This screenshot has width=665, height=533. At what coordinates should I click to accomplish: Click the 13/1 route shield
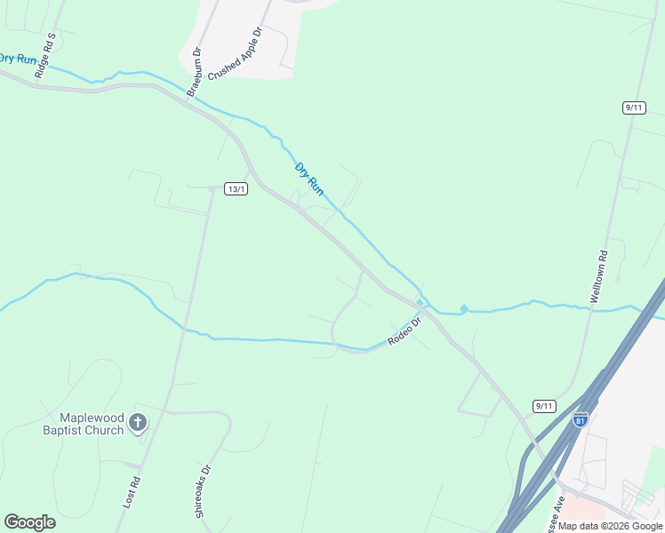click(x=236, y=188)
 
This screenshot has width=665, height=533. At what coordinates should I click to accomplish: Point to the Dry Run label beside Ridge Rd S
click(x=18, y=59)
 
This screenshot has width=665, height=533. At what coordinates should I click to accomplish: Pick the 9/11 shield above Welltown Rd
click(x=633, y=107)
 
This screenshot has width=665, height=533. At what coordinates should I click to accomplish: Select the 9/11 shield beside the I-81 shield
click(x=544, y=406)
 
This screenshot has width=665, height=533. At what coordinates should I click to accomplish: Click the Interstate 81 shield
click(x=581, y=419)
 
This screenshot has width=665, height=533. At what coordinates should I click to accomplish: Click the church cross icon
click(x=137, y=423)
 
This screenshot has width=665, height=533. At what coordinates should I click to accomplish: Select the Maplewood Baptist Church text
click(x=89, y=424)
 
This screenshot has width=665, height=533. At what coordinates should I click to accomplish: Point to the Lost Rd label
click(x=132, y=492)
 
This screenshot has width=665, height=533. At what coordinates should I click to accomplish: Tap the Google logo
click(x=29, y=522)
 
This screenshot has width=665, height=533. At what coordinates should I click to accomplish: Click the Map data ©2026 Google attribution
click(x=611, y=526)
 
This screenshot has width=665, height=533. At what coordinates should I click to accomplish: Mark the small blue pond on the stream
click(x=463, y=308)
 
